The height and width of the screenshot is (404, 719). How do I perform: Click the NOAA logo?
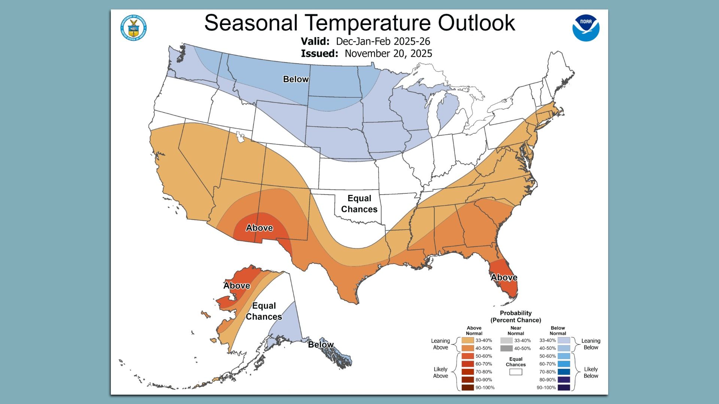pos(586,28)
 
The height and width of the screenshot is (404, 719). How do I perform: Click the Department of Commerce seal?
pos(133,28)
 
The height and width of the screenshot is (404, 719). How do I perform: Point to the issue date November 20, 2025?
pos(388,53)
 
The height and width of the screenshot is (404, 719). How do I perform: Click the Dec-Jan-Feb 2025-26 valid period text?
pos(383,41)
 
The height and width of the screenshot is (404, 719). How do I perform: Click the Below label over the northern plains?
pos(296,79)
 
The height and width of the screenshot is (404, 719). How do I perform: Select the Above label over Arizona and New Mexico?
pos(259,228)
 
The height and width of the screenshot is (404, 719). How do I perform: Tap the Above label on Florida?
pos(504,278)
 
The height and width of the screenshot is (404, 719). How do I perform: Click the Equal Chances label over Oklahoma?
pos(359,204)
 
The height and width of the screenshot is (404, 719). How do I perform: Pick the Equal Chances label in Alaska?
pos(264,311)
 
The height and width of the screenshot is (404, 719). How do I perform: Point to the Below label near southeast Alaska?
pos(321,345)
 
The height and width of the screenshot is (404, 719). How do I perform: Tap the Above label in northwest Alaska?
pos(237,286)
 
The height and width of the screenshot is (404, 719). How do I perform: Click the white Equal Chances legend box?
pos(516,372)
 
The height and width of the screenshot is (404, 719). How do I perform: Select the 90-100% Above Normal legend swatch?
pos(468,388)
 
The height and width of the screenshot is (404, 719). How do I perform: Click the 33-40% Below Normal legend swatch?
pos(564,340)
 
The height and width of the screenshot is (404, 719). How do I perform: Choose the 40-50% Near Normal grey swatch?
pos(506,348)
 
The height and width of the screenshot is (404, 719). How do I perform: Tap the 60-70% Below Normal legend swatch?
pos(564,364)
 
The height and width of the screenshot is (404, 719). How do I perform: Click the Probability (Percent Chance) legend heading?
pos(516,316)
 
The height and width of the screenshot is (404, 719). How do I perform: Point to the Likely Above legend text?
pos(440,373)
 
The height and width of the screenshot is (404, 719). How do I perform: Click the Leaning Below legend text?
pos(591,344)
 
